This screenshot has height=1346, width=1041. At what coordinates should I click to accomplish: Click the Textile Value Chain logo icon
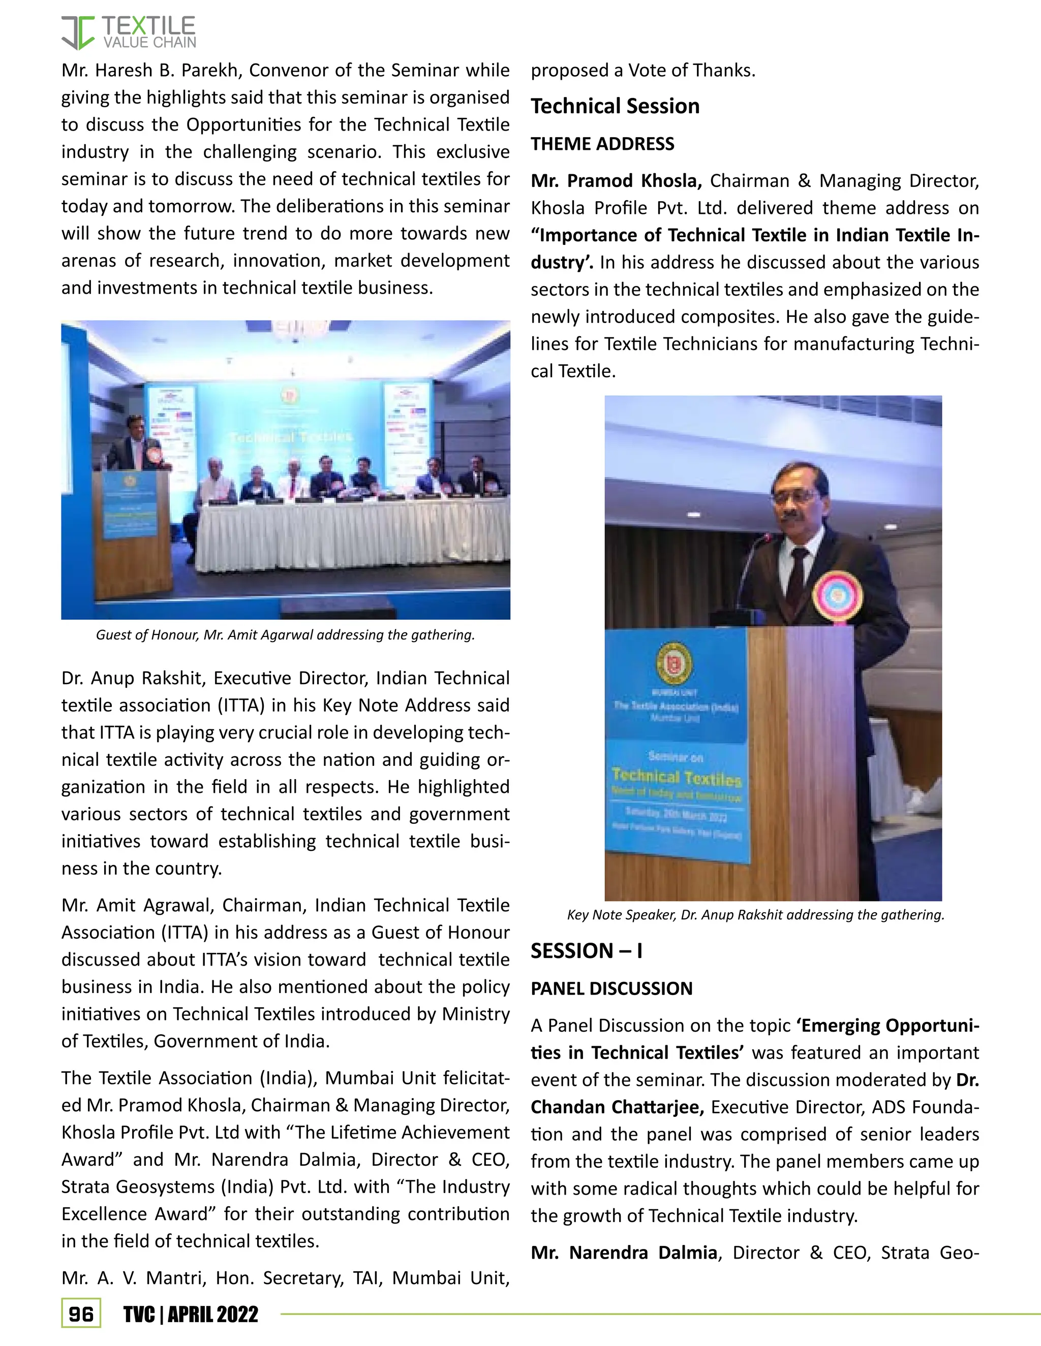(78, 33)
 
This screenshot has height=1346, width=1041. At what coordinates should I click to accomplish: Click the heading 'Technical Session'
(615, 107)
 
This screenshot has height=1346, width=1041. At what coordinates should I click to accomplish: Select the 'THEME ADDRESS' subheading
(602, 144)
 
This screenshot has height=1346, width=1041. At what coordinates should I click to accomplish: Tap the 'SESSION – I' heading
(586, 951)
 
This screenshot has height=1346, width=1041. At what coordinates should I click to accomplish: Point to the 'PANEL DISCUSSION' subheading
(611, 988)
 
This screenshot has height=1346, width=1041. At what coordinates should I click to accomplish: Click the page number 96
(81, 1314)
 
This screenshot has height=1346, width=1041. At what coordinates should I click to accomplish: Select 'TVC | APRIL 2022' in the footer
(191, 1315)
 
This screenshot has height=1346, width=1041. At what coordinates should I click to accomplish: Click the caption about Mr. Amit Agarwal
(285, 635)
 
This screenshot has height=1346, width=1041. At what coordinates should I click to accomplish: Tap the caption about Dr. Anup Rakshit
(755, 915)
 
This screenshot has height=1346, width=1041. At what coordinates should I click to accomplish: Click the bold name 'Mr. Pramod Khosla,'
(616, 181)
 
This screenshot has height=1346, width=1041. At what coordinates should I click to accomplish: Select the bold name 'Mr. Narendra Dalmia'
(624, 1253)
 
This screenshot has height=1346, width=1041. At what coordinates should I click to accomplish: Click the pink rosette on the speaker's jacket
(836, 596)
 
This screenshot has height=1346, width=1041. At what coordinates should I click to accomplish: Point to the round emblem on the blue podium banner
(673, 664)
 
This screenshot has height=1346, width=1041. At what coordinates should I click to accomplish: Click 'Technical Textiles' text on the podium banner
(676, 777)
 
